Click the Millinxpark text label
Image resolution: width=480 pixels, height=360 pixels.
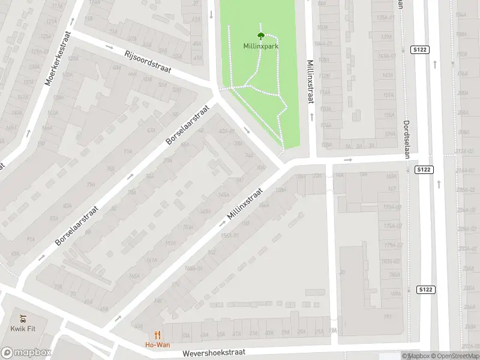tap(260, 46)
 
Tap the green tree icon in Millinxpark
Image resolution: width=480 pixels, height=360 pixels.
tap(260, 35)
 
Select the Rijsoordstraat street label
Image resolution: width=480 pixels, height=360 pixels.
tap(148, 62)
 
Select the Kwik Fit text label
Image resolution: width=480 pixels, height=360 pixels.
tap(22, 328)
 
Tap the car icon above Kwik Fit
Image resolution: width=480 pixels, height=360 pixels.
tap(22, 318)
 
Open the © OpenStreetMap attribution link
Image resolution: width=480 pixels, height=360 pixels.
tap(455, 356)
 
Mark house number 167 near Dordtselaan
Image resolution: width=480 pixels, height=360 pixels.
tap(392, 189)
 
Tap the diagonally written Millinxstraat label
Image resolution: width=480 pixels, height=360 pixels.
tap(245, 203)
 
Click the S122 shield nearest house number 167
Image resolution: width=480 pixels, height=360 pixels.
tap(424, 170)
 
